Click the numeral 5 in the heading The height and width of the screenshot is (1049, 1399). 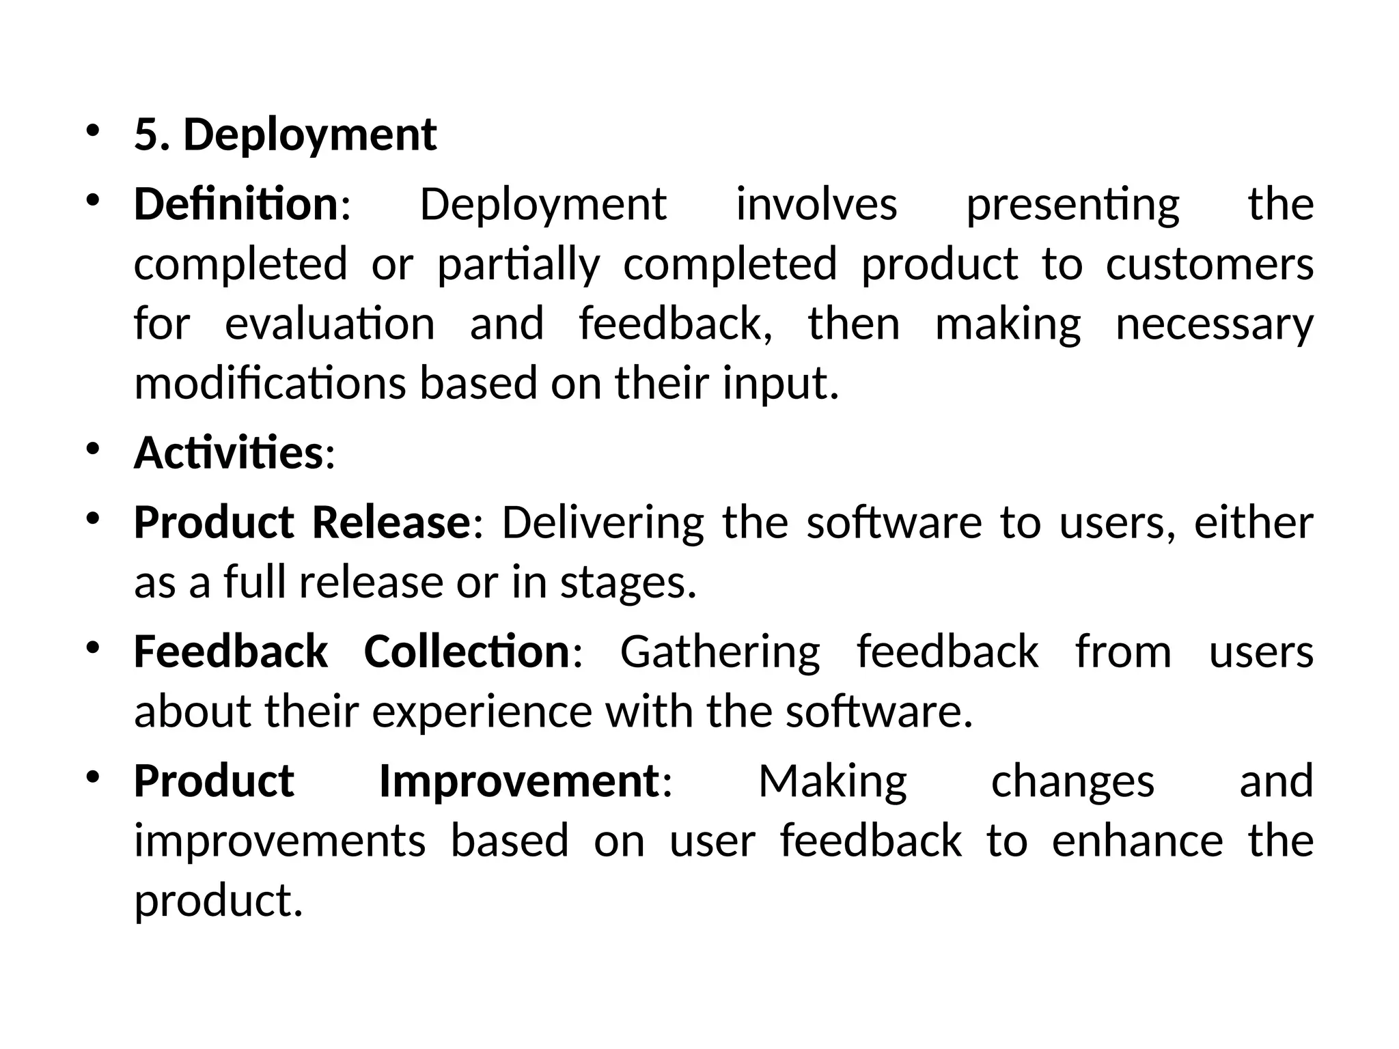146,135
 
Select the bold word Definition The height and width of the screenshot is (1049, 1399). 236,204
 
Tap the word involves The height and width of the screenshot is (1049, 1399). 816,204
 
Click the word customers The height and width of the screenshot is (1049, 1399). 1209,264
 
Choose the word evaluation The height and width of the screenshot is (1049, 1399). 330,324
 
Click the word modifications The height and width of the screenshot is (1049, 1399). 270,383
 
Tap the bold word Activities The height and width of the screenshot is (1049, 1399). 228,453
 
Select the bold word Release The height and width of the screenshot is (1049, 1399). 391,522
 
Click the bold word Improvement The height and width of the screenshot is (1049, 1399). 519,781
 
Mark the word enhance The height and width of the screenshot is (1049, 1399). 1137,841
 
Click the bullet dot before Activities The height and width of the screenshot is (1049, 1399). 94,448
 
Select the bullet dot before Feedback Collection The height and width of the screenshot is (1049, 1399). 94,647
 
